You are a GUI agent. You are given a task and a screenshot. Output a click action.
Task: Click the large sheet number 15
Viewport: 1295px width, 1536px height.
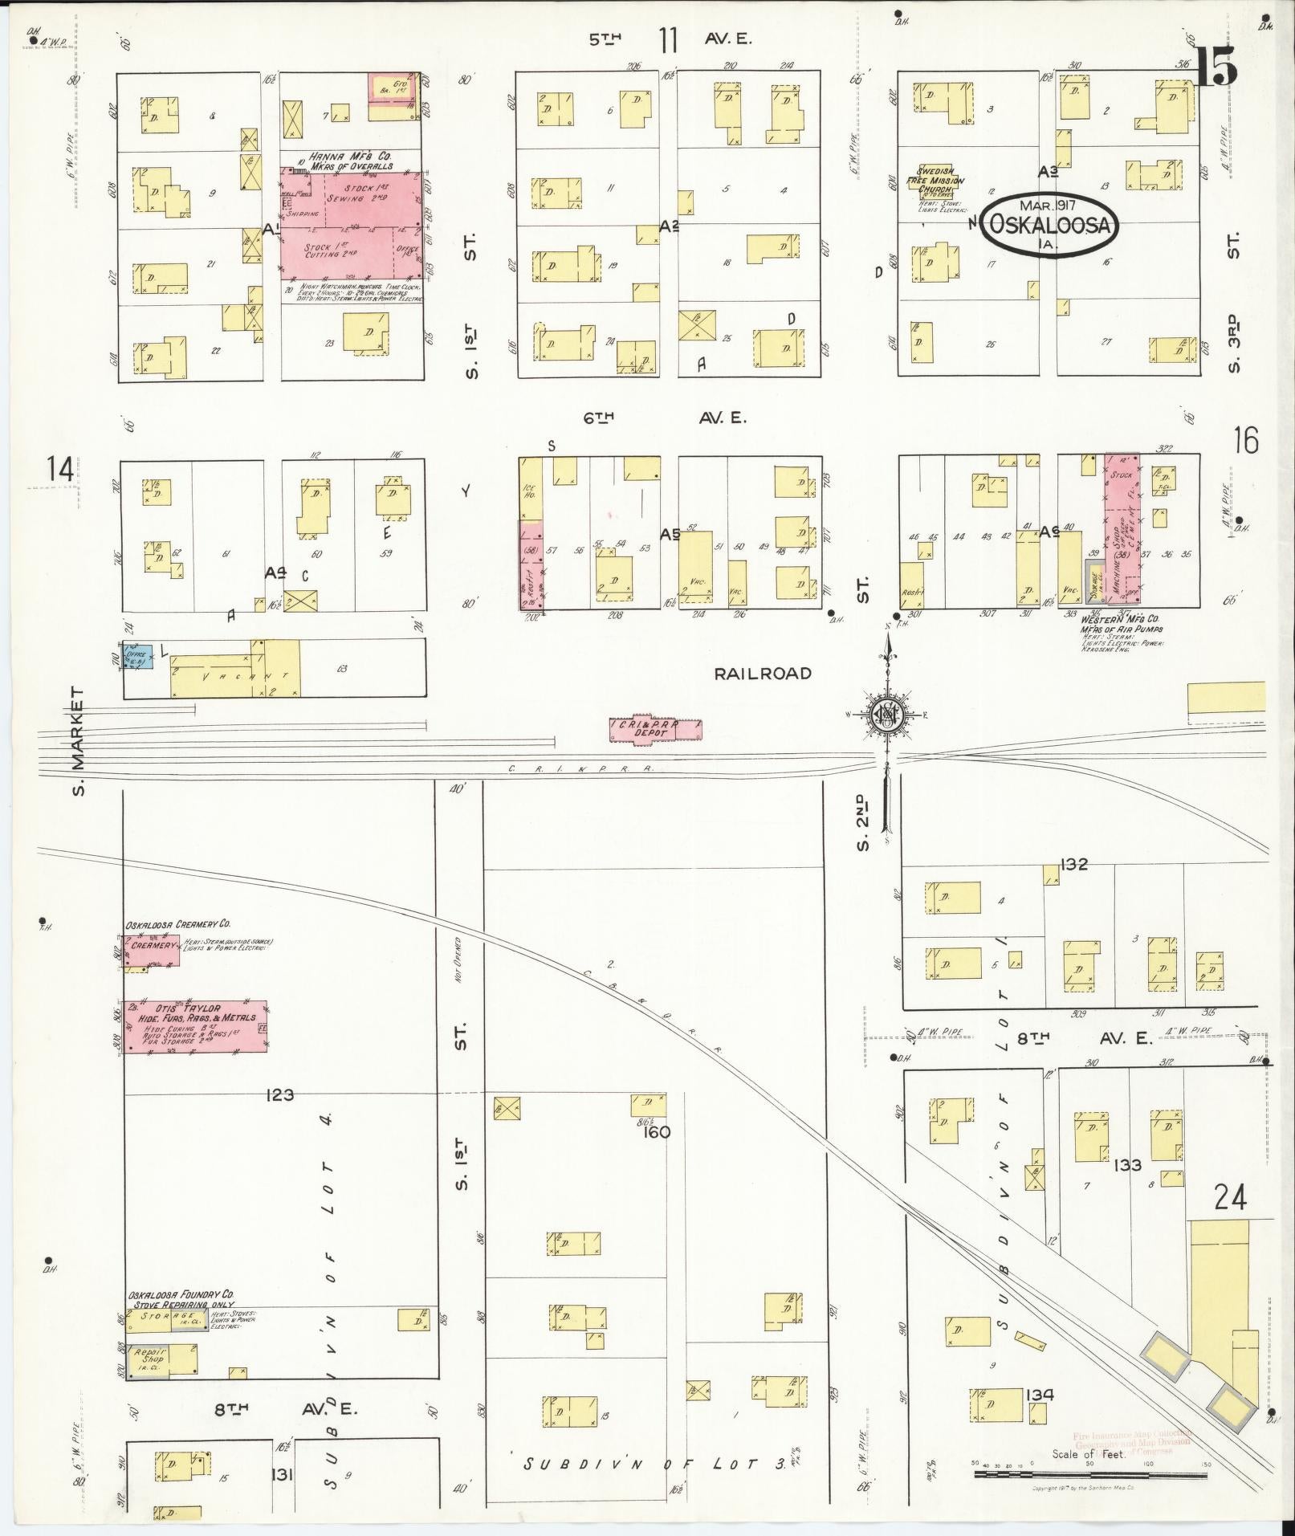1216,66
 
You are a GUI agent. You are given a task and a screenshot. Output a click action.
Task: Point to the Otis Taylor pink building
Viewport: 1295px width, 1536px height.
195,1024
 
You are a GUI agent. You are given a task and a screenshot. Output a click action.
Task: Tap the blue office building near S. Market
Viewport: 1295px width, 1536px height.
136,658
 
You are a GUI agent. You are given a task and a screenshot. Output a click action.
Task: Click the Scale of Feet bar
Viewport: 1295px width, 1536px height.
1092,1475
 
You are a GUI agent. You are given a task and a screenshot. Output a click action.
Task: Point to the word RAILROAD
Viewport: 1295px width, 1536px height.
763,674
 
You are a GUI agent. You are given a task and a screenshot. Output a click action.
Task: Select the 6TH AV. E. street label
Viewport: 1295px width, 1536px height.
666,418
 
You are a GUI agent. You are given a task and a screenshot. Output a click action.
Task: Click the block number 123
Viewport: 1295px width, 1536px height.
278,1094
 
